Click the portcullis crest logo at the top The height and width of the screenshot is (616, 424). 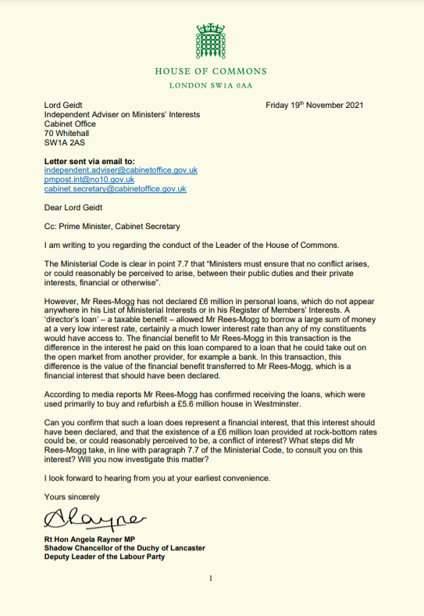click(x=211, y=38)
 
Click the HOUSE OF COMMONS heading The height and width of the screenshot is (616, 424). click(x=211, y=71)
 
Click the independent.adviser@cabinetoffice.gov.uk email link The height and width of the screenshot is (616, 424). click(x=120, y=170)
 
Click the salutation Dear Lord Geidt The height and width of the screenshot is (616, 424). click(x=73, y=207)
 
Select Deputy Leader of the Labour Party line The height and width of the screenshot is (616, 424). click(x=105, y=557)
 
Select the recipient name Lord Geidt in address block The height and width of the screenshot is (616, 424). click(x=63, y=105)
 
